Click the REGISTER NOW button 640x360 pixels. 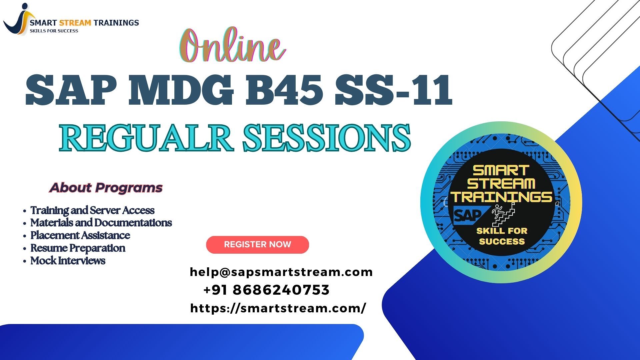pos(257,245)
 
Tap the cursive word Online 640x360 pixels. pos(232,46)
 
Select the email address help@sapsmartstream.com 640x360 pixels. pos(281,272)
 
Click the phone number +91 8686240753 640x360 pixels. pos(266,290)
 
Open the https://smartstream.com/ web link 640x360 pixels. pos(278,308)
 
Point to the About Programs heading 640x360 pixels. pos(106,188)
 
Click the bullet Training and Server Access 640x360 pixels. pos(92,210)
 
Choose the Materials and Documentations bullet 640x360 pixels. pos(101,223)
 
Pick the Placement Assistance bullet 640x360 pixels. pos(80,235)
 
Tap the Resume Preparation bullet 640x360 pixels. pos(78,248)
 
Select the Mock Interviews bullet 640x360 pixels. pos(68,261)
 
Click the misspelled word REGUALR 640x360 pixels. pos(146,137)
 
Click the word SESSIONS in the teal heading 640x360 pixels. pos(327,137)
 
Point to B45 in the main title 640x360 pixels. pos(284,90)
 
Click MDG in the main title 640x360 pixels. pos(181,90)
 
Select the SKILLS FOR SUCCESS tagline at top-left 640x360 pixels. pos(54,31)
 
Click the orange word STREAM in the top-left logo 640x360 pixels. pos(75,23)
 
